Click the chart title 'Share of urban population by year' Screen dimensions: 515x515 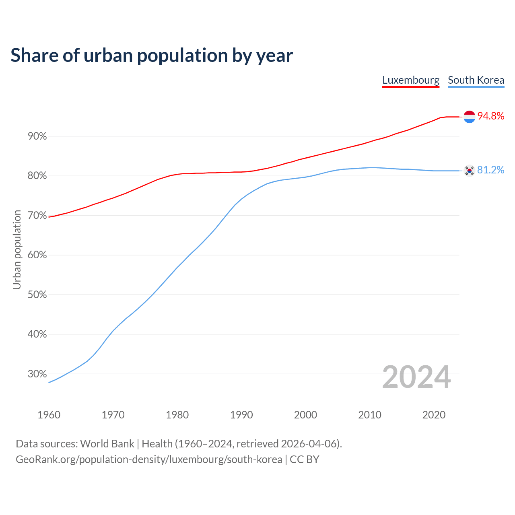tap(152, 56)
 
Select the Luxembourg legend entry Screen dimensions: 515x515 tap(410, 80)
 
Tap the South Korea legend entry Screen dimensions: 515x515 tap(476, 80)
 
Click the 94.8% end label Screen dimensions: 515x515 tap(490, 116)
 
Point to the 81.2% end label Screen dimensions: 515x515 tap(490, 170)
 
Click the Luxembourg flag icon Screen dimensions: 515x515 tap(469, 117)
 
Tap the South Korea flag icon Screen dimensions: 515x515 tap(469, 171)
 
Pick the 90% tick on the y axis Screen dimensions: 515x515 tap(37, 136)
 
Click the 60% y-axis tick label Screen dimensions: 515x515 tap(37, 255)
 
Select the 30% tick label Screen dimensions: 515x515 tap(37, 374)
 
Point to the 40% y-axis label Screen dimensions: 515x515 tap(37, 334)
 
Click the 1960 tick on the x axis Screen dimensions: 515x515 tap(49, 415)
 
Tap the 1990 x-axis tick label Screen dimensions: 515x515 tap(241, 415)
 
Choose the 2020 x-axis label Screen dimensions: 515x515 tap(434, 415)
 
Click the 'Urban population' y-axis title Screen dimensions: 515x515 tap(17, 249)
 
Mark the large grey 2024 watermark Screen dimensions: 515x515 tap(416, 377)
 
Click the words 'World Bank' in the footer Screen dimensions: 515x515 tap(107, 444)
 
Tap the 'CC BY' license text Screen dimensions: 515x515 tap(305, 459)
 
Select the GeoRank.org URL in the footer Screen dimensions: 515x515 tap(149, 459)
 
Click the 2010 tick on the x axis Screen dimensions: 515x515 tap(370, 415)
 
